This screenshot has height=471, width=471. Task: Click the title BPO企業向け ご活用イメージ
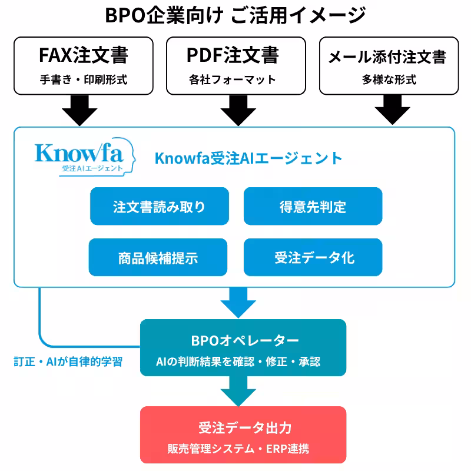point(235,15)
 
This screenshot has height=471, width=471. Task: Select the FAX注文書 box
point(84,66)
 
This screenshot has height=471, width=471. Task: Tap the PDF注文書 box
point(236,66)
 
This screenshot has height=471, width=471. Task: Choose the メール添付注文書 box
point(389,66)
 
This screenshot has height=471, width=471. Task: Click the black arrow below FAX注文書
point(79,111)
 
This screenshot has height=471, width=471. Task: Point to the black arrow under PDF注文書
point(238,111)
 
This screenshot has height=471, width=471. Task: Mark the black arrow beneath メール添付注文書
point(393,110)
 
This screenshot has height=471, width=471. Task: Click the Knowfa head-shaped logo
point(85,157)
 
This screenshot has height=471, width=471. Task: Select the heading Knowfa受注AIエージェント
point(248,158)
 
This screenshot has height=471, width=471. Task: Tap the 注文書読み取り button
point(160,206)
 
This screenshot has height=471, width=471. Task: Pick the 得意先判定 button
point(313,206)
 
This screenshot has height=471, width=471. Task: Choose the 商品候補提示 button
point(158,257)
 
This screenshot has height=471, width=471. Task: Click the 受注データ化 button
point(313,257)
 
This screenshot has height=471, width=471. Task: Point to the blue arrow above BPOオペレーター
point(238,303)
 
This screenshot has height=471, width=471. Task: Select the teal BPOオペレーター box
point(243,347)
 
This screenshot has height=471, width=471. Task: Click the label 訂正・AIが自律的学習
point(68,361)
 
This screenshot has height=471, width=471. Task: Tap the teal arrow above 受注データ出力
point(238,391)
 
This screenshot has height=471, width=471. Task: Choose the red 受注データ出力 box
point(243,434)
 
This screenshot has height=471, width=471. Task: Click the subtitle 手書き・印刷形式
point(84,79)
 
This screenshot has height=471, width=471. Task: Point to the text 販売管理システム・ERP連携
point(238,449)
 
